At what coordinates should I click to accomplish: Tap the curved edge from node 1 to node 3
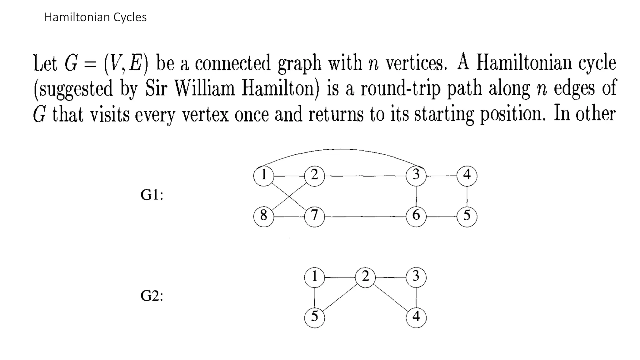[341, 150]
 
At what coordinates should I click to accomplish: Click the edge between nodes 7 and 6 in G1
[365, 217]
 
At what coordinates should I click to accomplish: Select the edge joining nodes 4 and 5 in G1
[467, 196]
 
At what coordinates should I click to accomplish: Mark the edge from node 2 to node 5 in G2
[340, 297]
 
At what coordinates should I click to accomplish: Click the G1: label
[152, 195]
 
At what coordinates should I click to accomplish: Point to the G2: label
[152, 296]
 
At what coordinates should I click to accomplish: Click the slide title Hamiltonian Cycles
[95, 17]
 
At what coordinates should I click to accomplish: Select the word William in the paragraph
[204, 89]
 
